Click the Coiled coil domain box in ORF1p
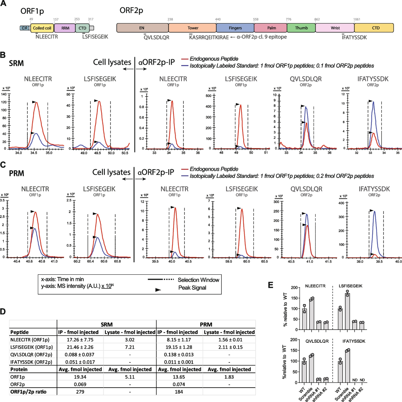[x=42, y=28]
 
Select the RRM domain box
[x=65, y=28]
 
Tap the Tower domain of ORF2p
[x=193, y=28]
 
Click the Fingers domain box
[x=235, y=28]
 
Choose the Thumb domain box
[x=301, y=28]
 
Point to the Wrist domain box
[x=335, y=28]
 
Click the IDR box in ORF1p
[x=25, y=28]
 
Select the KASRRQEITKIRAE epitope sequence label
[x=209, y=38]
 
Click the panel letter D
[x=3, y=312]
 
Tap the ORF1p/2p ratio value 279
[x=80, y=392]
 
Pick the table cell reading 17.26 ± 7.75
[x=80, y=340]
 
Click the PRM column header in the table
[x=206, y=324]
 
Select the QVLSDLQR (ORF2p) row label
[x=31, y=354]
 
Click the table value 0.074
[x=179, y=384]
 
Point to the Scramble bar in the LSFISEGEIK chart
[x=347, y=312]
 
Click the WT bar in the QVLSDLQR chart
[x=304, y=372]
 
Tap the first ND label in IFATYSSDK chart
[x=355, y=380]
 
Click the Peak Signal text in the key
[x=192, y=288]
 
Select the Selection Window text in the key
[x=198, y=280]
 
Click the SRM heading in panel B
[x=16, y=63]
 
